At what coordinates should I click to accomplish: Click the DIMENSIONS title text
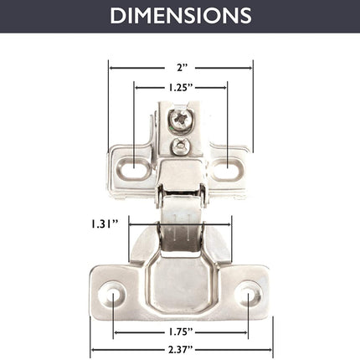pos(181,16)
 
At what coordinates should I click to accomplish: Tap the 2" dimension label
pos(182,68)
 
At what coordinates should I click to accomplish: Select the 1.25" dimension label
pos(181,88)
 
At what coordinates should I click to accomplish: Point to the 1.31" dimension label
pos(105,224)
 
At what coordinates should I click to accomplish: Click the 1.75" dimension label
pos(181,332)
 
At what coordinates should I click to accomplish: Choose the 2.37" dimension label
pos(181,350)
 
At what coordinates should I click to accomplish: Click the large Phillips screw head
pos(181,121)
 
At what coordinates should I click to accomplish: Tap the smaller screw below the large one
pos(181,147)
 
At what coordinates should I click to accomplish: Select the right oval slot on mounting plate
pos(228,168)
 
